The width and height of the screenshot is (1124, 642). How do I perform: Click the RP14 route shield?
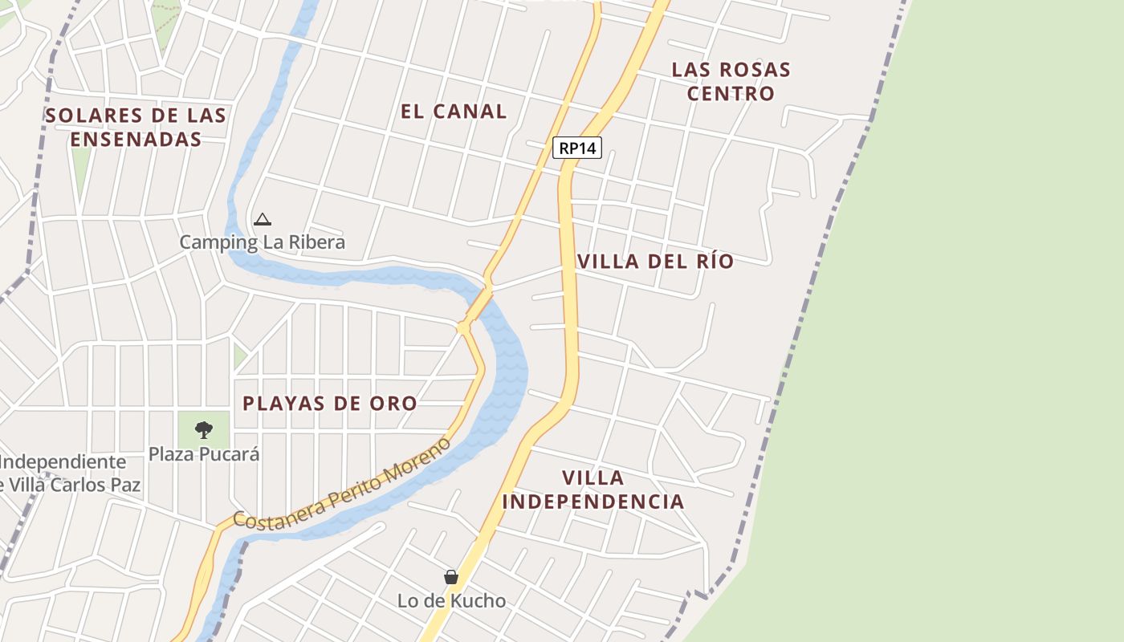[577, 148]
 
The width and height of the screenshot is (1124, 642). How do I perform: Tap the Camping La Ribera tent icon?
[263, 219]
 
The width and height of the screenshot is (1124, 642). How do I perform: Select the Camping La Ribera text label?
[263, 242]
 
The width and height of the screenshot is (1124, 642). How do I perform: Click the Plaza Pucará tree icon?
[204, 429]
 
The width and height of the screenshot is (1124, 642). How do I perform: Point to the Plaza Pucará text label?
[204, 453]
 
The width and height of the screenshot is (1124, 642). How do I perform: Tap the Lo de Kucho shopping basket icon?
[451, 577]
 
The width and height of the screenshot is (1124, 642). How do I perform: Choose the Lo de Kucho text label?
[452, 600]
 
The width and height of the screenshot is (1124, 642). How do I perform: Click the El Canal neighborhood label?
[454, 112]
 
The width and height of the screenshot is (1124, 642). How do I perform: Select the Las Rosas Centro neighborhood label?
[731, 81]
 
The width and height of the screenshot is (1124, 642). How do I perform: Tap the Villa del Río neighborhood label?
[655, 262]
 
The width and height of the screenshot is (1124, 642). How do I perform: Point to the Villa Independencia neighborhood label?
[593, 490]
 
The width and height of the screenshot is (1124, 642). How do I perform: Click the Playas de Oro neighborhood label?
[330, 403]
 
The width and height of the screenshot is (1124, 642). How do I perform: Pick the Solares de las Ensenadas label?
[136, 127]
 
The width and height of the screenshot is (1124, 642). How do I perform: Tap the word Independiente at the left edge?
[63, 462]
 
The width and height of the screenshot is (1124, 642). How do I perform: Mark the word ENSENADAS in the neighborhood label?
[136, 139]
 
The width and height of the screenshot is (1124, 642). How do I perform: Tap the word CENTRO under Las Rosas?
[731, 93]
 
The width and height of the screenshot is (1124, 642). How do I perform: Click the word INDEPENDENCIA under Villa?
[593, 502]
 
